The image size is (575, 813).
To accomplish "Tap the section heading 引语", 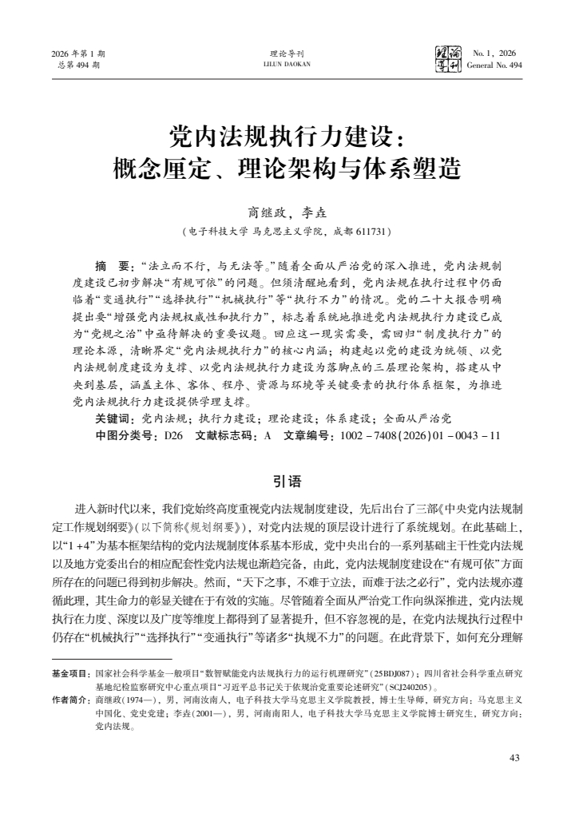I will click(287, 481).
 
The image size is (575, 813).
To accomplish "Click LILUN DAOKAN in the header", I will click(287, 65).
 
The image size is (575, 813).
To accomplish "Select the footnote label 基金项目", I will click(70, 674).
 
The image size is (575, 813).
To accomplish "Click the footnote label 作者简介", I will click(70, 700).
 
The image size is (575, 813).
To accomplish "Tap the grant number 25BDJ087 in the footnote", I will click(394, 674).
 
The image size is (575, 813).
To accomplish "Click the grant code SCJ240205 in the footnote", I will click(412, 687).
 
